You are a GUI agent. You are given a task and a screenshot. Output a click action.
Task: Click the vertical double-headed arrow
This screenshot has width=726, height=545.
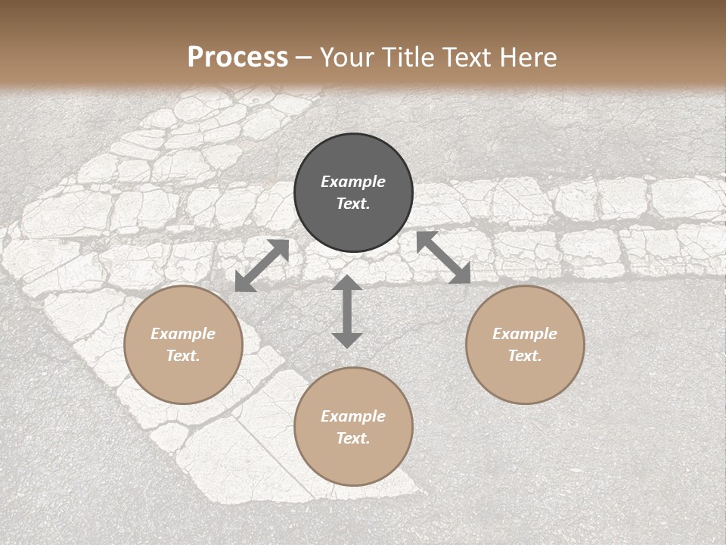pyautogui.click(x=347, y=311)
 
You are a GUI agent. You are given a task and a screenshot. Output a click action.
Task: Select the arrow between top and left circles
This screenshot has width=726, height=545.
pyautogui.click(x=262, y=266)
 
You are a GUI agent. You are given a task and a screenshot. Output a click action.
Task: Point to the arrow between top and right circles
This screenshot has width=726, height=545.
pyautogui.click(x=444, y=257)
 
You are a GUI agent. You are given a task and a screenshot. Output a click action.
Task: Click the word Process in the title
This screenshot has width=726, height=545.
pyautogui.click(x=237, y=58)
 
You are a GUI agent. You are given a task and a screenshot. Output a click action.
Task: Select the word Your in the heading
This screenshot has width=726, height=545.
pyautogui.click(x=344, y=58)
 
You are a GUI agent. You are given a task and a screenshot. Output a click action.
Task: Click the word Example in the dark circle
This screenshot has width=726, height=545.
pyautogui.click(x=353, y=182)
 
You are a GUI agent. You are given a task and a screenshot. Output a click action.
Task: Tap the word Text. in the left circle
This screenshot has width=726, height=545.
pyautogui.click(x=183, y=356)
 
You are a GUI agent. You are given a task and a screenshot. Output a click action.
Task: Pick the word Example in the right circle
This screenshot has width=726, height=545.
pyautogui.click(x=525, y=334)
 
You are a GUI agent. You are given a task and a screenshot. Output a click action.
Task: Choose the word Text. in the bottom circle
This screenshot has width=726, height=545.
pyautogui.click(x=353, y=438)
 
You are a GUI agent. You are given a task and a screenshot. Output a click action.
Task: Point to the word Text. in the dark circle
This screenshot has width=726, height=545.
pyautogui.click(x=353, y=204)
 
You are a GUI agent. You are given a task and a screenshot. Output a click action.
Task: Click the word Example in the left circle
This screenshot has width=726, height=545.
pyautogui.click(x=183, y=334)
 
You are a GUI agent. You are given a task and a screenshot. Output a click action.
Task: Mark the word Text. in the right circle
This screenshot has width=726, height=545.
pyautogui.click(x=525, y=356)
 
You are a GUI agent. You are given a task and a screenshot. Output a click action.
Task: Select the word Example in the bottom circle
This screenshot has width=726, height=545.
pyautogui.click(x=353, y=416)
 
